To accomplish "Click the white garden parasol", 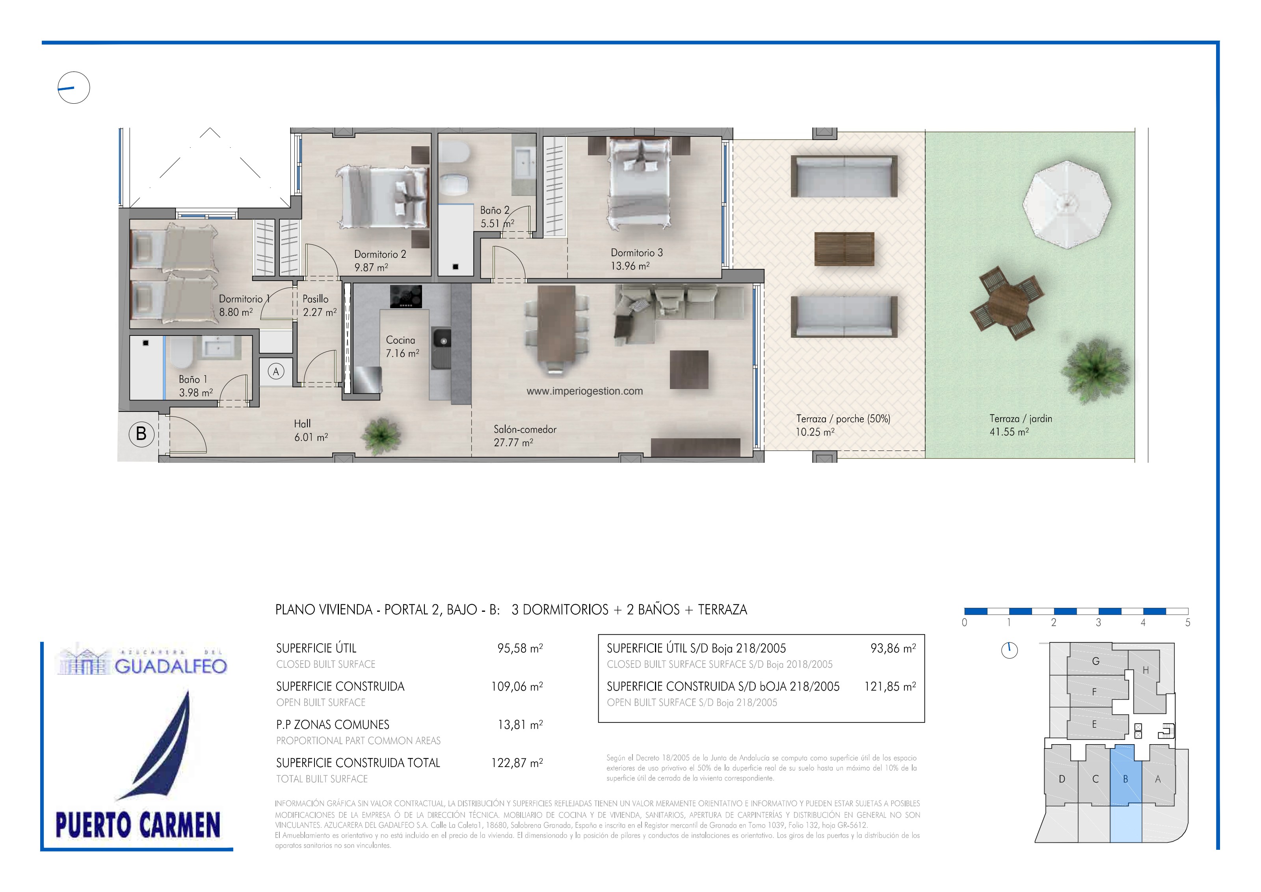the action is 1067,204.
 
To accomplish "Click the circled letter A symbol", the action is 276,371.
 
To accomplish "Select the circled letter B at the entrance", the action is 141,434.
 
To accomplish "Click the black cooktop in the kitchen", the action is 406,296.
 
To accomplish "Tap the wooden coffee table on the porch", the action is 844,249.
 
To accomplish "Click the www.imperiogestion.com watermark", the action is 584,391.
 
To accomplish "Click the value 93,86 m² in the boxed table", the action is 893,648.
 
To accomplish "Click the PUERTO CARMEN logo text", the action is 138,825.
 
